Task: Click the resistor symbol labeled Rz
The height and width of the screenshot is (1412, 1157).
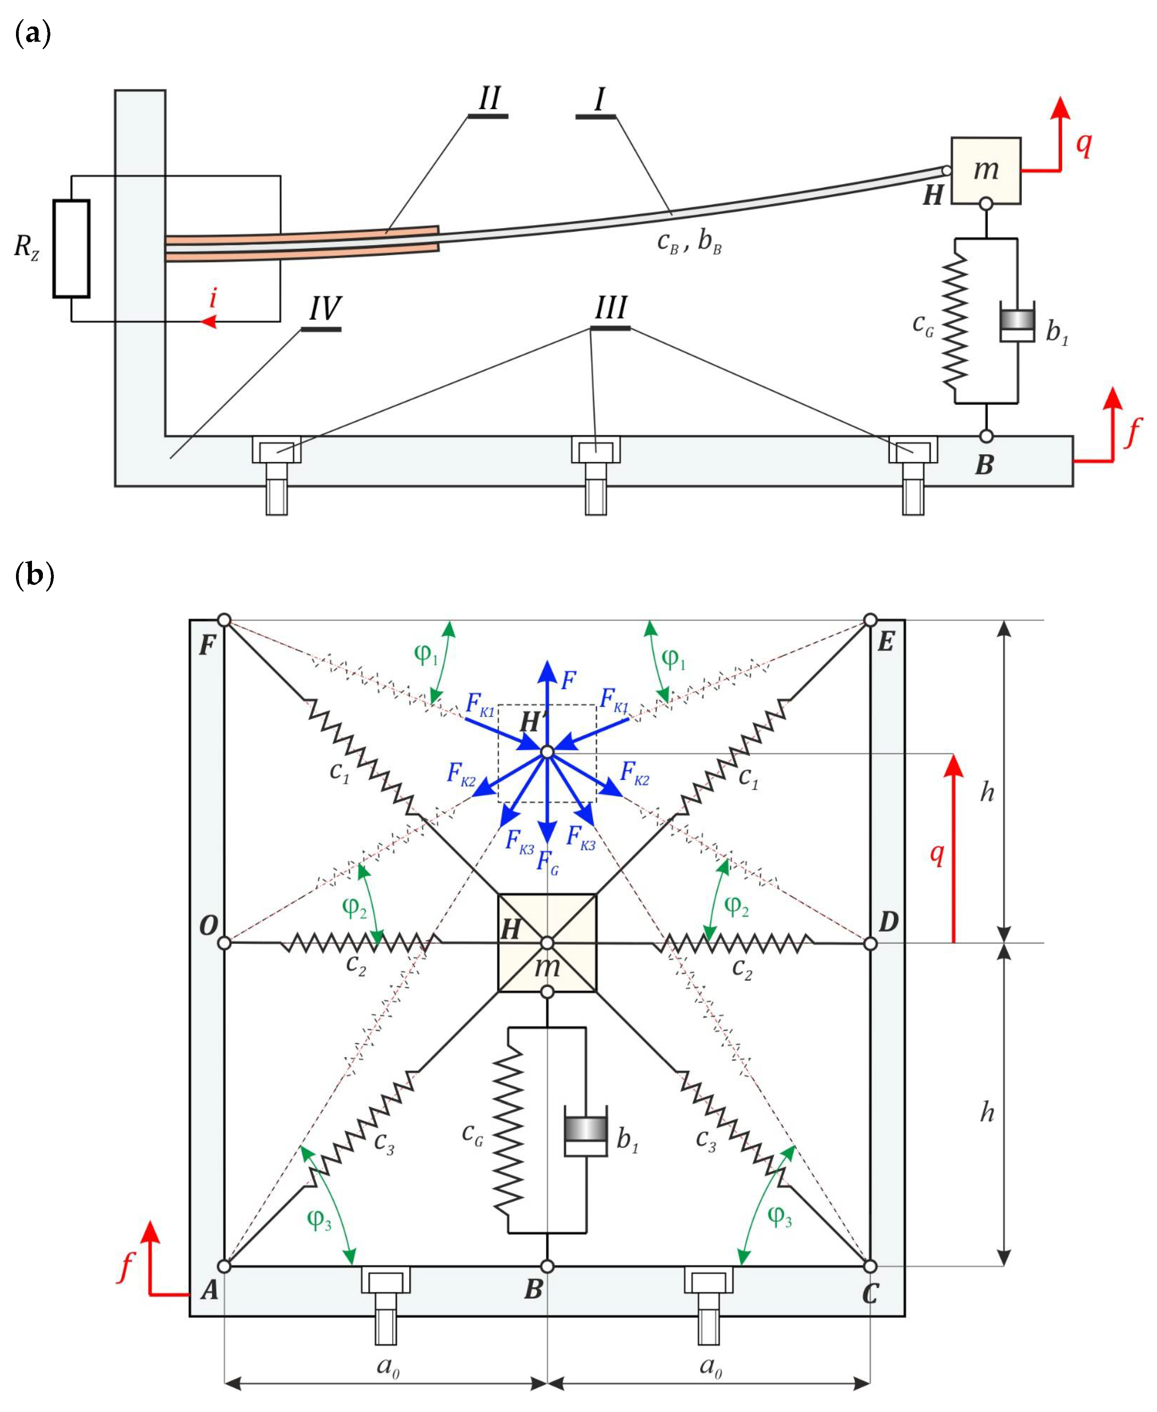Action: click(71, 248)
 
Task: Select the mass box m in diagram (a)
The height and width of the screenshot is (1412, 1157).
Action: click(985, 170)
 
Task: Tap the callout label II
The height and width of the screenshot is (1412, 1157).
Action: click(489, 99)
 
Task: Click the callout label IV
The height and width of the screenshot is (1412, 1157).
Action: click(324, 308)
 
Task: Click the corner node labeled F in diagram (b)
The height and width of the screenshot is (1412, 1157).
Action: click(225, 620)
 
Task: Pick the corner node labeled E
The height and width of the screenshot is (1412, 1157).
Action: click(870, 620)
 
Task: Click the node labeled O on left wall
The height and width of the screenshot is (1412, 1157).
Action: click(225, 943)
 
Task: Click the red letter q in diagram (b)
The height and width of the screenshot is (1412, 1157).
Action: click(937, 852)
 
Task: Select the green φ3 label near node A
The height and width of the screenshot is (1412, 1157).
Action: click(319, 1219)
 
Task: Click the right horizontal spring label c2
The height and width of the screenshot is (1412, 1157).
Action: click(742, 967)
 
